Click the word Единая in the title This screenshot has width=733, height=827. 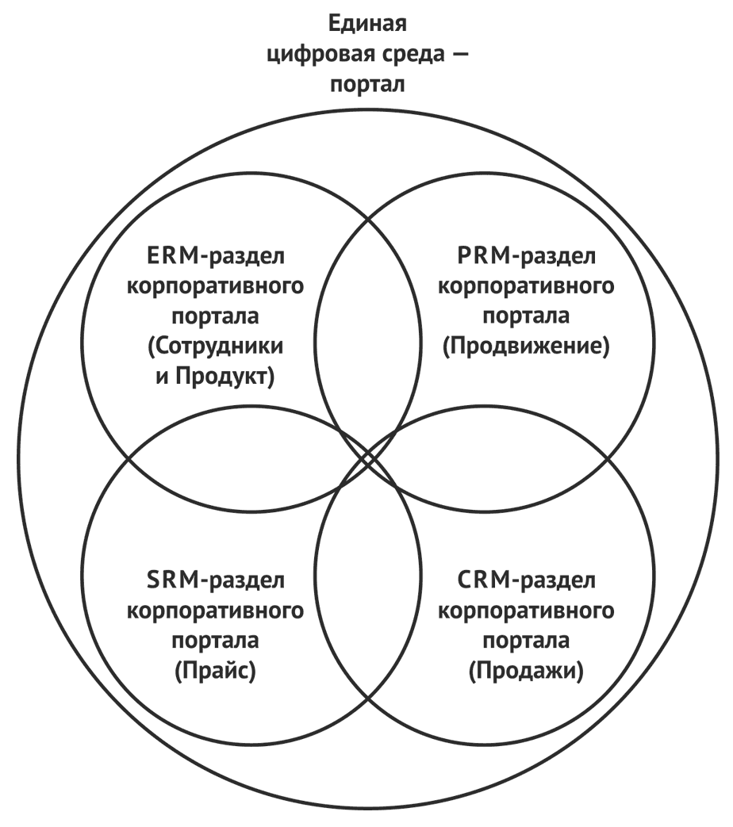click(x=367, y=24)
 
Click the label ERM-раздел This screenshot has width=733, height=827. click(x=215, y=257)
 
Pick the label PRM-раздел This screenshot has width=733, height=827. click(x=526, y=257)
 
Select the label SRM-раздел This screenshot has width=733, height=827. click(x=215, y=580)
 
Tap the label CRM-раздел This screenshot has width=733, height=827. click(x=526, y=580)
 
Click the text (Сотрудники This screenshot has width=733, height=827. click(x=215, y=346)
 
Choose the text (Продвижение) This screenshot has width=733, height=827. click(x=526, y=346)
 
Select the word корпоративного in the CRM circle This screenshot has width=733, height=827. click(x=526, y=611)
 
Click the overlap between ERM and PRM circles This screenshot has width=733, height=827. click(x=368, y=338)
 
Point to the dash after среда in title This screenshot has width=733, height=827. click(x=459, y=55)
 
